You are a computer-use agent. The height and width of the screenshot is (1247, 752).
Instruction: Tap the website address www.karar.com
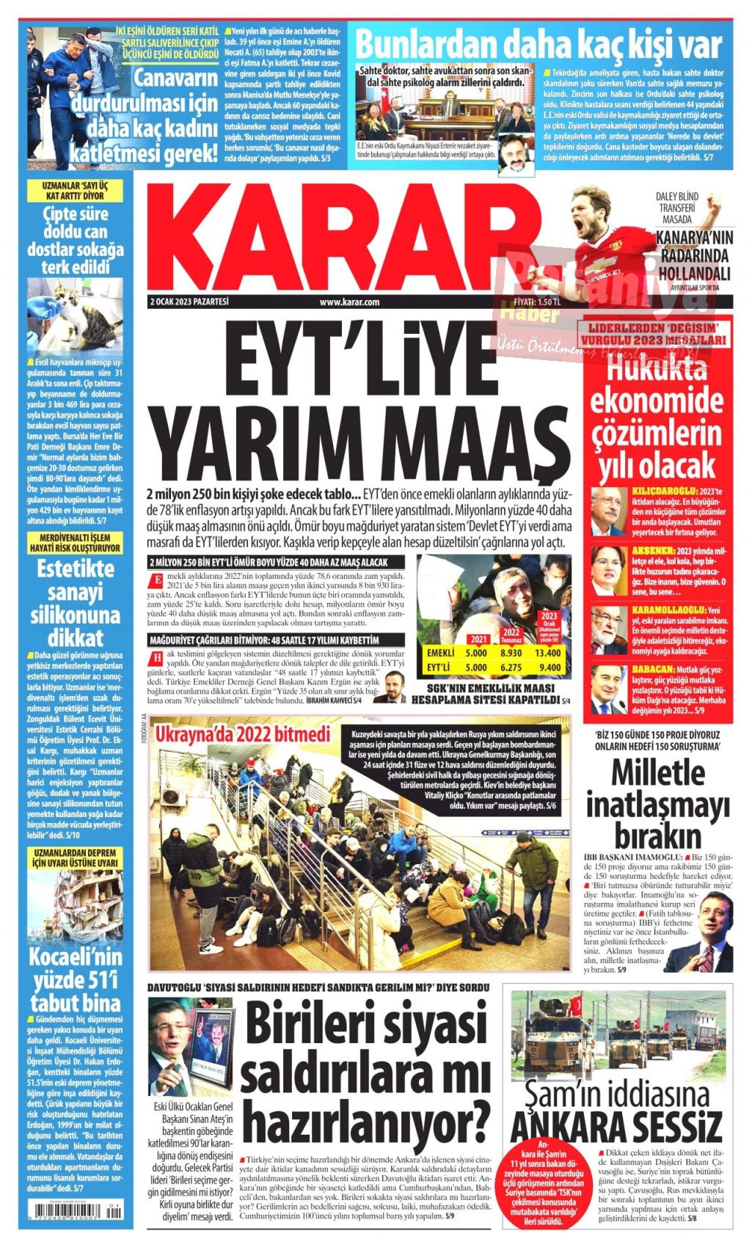349,302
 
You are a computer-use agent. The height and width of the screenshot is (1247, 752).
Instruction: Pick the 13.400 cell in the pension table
548,653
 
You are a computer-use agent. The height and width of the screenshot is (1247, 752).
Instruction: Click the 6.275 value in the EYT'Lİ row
511,668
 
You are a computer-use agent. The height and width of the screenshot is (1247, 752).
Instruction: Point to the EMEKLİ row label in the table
440,653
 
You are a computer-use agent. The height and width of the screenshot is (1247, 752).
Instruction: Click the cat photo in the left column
75,315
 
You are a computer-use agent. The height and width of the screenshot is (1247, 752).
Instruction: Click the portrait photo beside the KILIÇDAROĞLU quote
608,511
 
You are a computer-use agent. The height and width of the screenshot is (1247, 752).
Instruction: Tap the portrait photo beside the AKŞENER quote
608,571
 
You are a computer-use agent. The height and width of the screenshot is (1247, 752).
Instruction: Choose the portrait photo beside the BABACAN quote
608,690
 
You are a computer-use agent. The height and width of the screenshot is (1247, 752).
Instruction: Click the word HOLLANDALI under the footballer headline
694,274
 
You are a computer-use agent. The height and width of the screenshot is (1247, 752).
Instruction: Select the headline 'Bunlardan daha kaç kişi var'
539,45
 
